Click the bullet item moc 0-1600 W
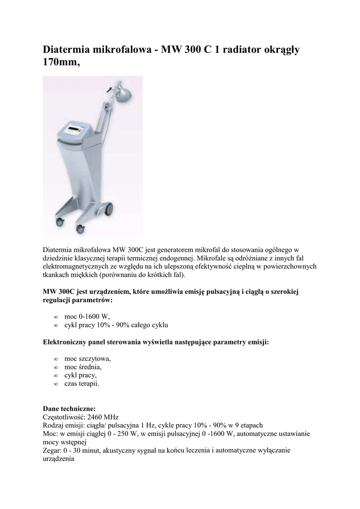(x=87, y=316)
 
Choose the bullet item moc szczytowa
(x=88, y=358)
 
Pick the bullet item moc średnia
(x=83, y=367)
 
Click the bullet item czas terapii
(x=82, y=384)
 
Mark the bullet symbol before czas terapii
(x=56, y=384)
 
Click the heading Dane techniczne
(x=66, y=409)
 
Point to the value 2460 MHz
(x=103, y=417)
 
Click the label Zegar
(x=52, y=450)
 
